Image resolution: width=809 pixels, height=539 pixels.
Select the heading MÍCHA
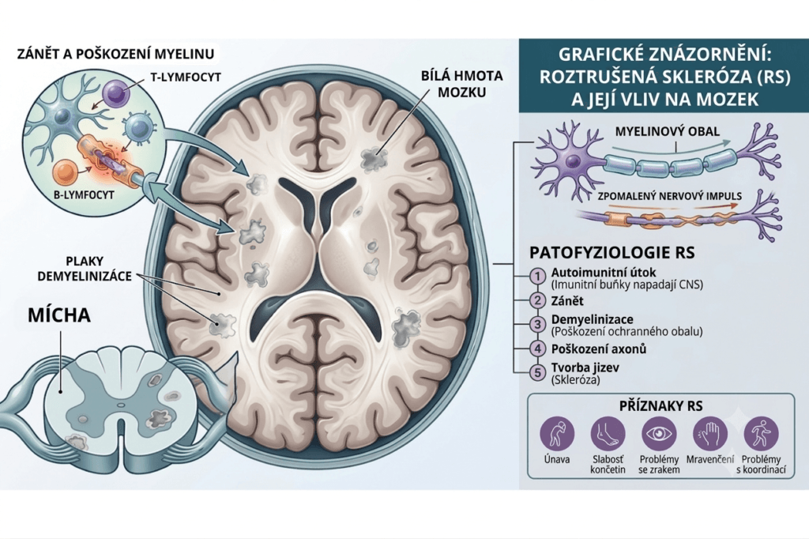(x=59, y=315)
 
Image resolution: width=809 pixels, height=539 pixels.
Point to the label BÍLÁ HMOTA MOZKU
(x=461, y=84)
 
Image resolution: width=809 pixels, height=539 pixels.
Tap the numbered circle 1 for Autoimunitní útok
(x=537, y=276)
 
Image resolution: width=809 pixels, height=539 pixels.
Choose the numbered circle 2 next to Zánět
(x=537, y=300)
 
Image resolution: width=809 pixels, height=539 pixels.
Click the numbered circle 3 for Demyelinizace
(x=537, y=324)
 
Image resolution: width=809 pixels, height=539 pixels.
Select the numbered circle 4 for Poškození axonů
(x=537, y=349)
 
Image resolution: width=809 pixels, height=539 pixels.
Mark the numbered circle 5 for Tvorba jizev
(x=537, y=372)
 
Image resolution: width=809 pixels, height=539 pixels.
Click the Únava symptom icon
(x=557, y=434)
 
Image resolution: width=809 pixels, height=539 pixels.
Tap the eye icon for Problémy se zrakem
(x=659, y=434)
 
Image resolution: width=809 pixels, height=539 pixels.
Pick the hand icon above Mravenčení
(x=710, y=434)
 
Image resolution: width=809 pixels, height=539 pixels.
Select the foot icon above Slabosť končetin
(x=608, y=434)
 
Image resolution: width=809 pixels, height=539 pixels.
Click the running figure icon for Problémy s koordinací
(x=761, y=434)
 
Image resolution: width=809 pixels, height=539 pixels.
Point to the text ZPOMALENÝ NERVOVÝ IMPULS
(x=670, y=196)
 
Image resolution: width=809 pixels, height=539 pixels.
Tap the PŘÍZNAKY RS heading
(x=661, y=405)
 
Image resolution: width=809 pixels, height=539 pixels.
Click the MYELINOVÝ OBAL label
(x=667, y=131)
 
